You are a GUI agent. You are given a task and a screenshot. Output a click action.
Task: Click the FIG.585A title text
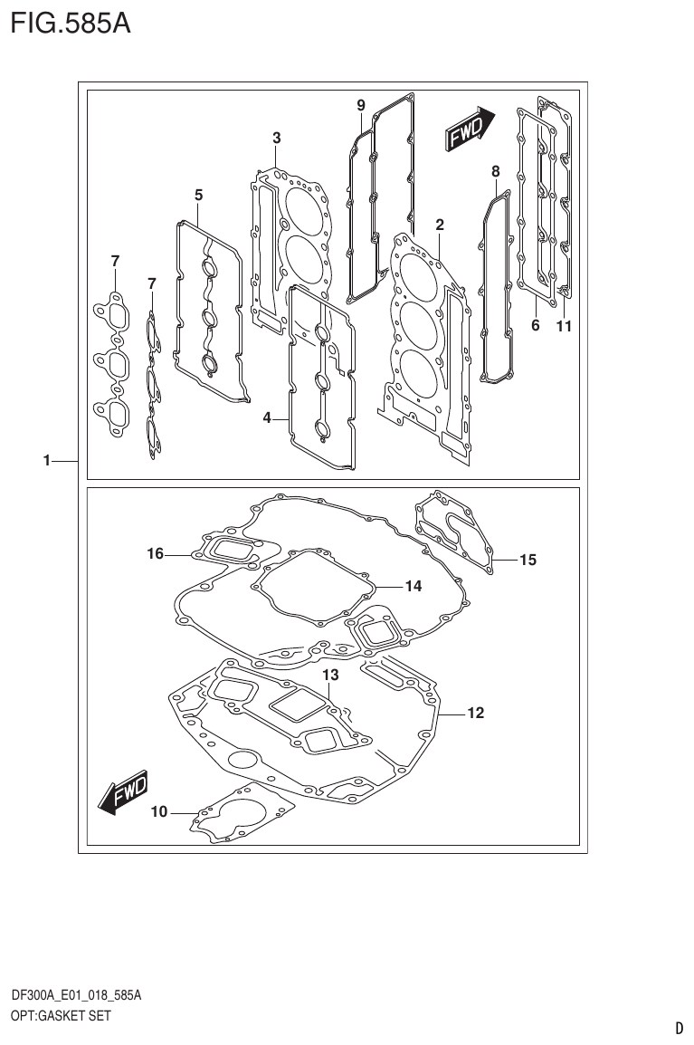point(71,23)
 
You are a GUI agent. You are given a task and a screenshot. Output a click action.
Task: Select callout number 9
point(360,106)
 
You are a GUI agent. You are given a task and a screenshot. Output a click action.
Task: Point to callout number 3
point(277,138)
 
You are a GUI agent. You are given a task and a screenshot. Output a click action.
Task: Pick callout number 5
point(198,195)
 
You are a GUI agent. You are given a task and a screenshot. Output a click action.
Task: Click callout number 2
point(440,225)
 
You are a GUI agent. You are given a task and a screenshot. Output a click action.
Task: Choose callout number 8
point(495,170)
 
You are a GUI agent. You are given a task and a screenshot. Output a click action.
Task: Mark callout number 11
point(564,327)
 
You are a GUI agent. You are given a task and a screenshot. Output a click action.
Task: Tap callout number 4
point(268,417)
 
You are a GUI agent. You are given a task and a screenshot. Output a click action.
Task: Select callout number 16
point(156,553)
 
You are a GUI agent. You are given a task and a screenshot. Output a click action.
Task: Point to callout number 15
point(528,560)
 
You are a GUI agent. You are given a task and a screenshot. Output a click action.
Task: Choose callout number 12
point(475,714)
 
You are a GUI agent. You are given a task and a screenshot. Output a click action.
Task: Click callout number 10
point(159,812)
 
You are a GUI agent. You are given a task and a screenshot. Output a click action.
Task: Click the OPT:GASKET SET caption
point(61,1016)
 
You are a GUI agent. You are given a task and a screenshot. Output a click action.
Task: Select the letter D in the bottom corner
point(679,1028)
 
